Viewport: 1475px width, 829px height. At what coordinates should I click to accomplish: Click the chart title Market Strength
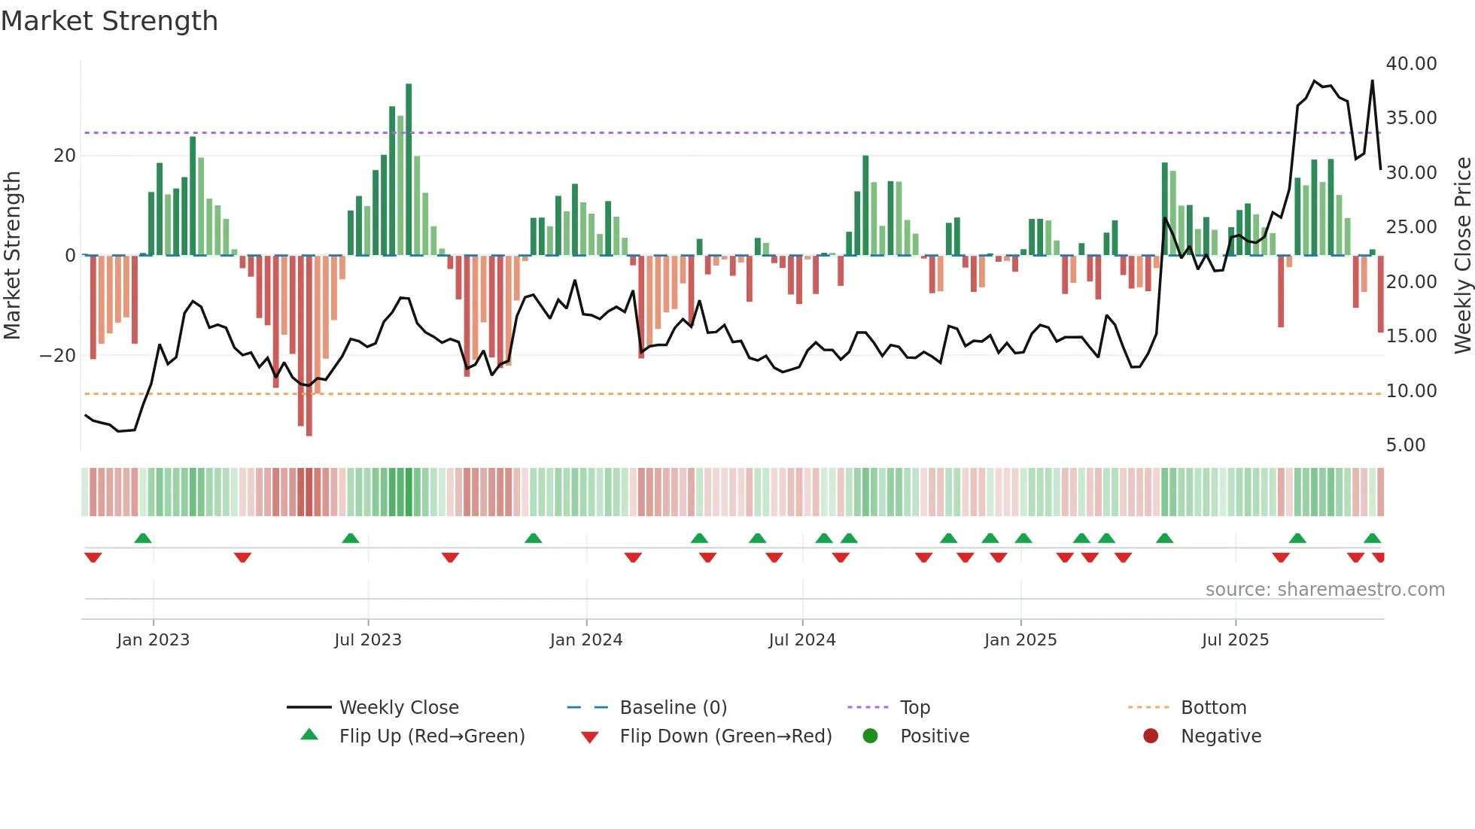pos(109,21)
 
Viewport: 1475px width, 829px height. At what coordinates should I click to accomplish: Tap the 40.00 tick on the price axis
pos(1411,64)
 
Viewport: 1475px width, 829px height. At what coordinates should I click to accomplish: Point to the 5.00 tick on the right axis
pos(1406,445)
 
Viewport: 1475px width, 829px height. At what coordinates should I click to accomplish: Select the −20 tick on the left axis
pos(58,356)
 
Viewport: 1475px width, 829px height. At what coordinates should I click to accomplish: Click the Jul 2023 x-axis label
pos(368,640)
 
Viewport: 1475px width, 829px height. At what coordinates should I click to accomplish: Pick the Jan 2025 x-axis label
pos(1020,640)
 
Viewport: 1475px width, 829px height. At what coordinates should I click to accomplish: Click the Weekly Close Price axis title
pos(1462,256)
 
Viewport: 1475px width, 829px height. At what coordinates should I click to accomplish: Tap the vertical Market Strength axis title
pos(13,256)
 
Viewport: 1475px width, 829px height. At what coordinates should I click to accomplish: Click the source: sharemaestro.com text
pos(1324,590)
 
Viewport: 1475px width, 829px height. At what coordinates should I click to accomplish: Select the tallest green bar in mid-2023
pos(409,169)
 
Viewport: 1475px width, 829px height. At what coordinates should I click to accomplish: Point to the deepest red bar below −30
pos(309,346)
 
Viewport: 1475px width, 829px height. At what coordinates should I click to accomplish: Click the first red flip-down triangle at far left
pos(93,557)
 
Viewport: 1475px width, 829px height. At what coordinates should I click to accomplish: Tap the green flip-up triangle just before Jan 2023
pos(143,538)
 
